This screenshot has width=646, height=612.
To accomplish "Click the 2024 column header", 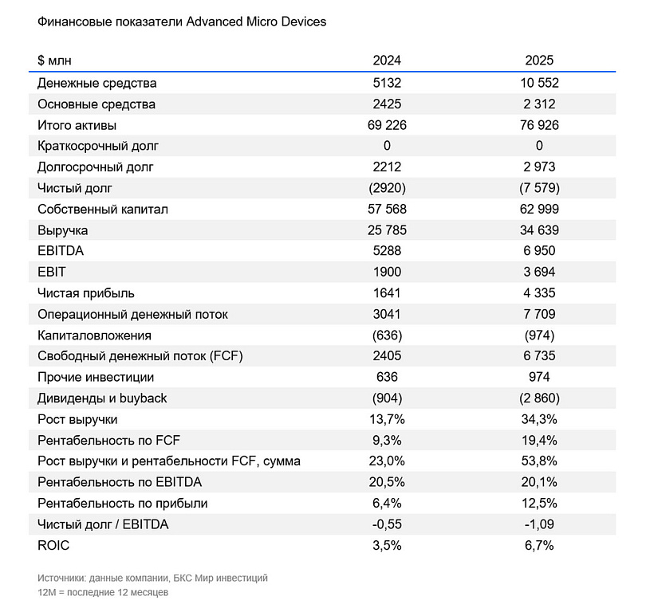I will click(387, 61).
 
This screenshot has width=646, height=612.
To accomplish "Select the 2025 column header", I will click(540, 61).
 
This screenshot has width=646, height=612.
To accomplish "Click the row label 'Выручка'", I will click(62, 230).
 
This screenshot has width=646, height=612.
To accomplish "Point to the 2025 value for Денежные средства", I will click(540, 83).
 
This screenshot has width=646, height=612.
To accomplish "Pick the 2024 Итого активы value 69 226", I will click(387, 125).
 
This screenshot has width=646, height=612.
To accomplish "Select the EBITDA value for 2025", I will click(540, 251).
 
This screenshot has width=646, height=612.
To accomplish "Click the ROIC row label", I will click(53, 545).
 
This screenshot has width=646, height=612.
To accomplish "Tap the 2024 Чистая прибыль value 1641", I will click(387, 293).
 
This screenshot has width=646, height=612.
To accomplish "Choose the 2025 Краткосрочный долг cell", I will click(540, 146).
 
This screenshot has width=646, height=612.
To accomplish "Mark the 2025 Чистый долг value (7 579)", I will click(540, 188).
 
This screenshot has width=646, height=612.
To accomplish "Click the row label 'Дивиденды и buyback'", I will click(102, 398).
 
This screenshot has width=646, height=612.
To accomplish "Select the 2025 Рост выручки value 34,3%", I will click(540, 419).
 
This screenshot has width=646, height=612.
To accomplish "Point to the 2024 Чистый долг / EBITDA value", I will click(387, 524).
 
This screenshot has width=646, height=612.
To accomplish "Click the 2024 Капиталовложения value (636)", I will click(387, 335).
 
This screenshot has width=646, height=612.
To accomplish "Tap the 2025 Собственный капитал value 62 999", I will click(540, 209).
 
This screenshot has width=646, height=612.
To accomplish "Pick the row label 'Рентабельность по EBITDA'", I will click(120, 482).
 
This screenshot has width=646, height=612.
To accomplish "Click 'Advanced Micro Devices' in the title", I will click(256, 22).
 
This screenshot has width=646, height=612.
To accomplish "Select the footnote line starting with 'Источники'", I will click(152, 577).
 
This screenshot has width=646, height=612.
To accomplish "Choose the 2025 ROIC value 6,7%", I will click(540, 545).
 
